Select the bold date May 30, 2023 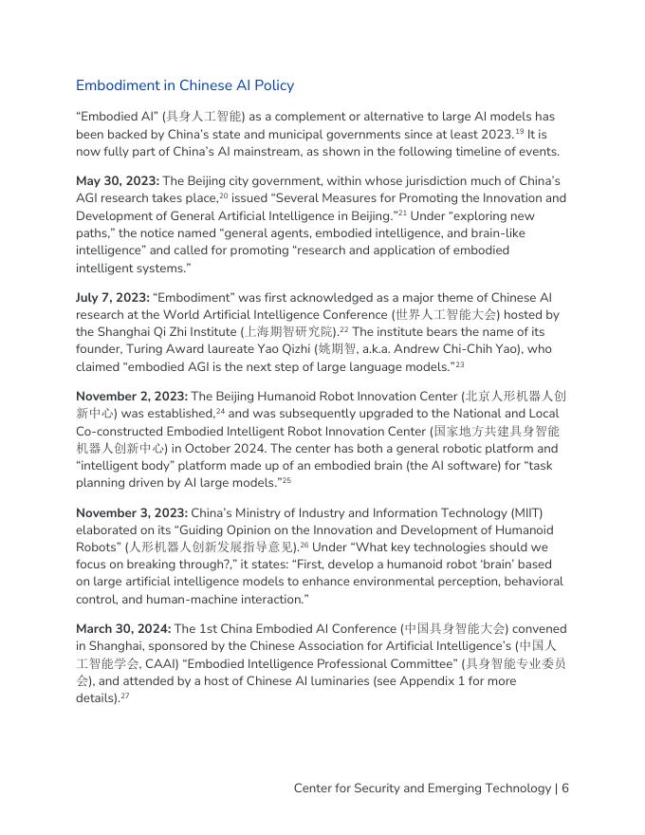click(x=117, y=181)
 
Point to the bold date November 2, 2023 click(x=131, y=397)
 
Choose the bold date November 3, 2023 click(x=131, y=513)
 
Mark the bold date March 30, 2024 click(x=123, y=629)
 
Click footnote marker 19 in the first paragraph click(x=520, y=131)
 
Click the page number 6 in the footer click(x=565, y=789)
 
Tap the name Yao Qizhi click(x=293, y=349)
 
